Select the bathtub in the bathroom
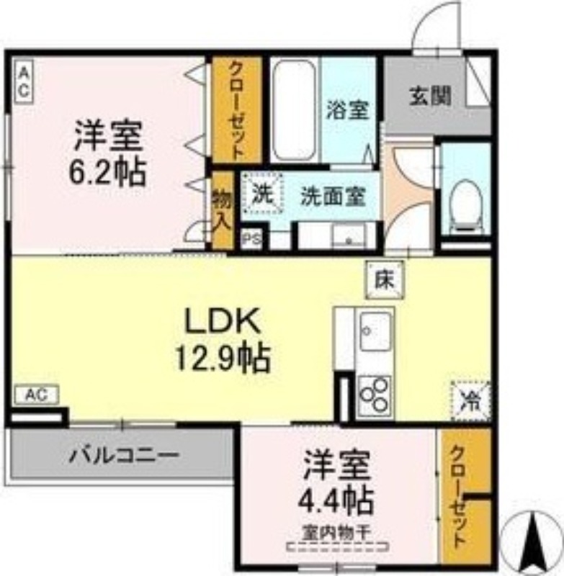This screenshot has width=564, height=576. tap(294, 112)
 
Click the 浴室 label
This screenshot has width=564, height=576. tap(348, 110)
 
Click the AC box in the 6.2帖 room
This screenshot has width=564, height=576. tap(23, 81)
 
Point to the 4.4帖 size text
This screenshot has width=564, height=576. tap(337, 498)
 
